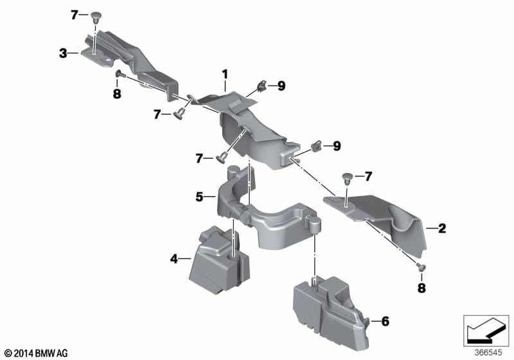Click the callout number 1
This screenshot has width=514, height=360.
click(225, 75)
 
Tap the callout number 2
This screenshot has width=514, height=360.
click(442, 228)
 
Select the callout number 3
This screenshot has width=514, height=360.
click(63, 53)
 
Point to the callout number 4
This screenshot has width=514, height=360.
click(173, 259)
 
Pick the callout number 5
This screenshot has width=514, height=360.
click(199, 197)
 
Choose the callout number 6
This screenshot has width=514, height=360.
click(385, 321)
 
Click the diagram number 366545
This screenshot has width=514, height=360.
click(488, 353)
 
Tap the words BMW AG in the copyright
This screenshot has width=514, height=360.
click(51, 353)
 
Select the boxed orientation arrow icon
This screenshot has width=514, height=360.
click(486, 331)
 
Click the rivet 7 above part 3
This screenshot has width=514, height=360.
click(95, 17)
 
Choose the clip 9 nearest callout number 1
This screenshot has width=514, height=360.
click(261, 86)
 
